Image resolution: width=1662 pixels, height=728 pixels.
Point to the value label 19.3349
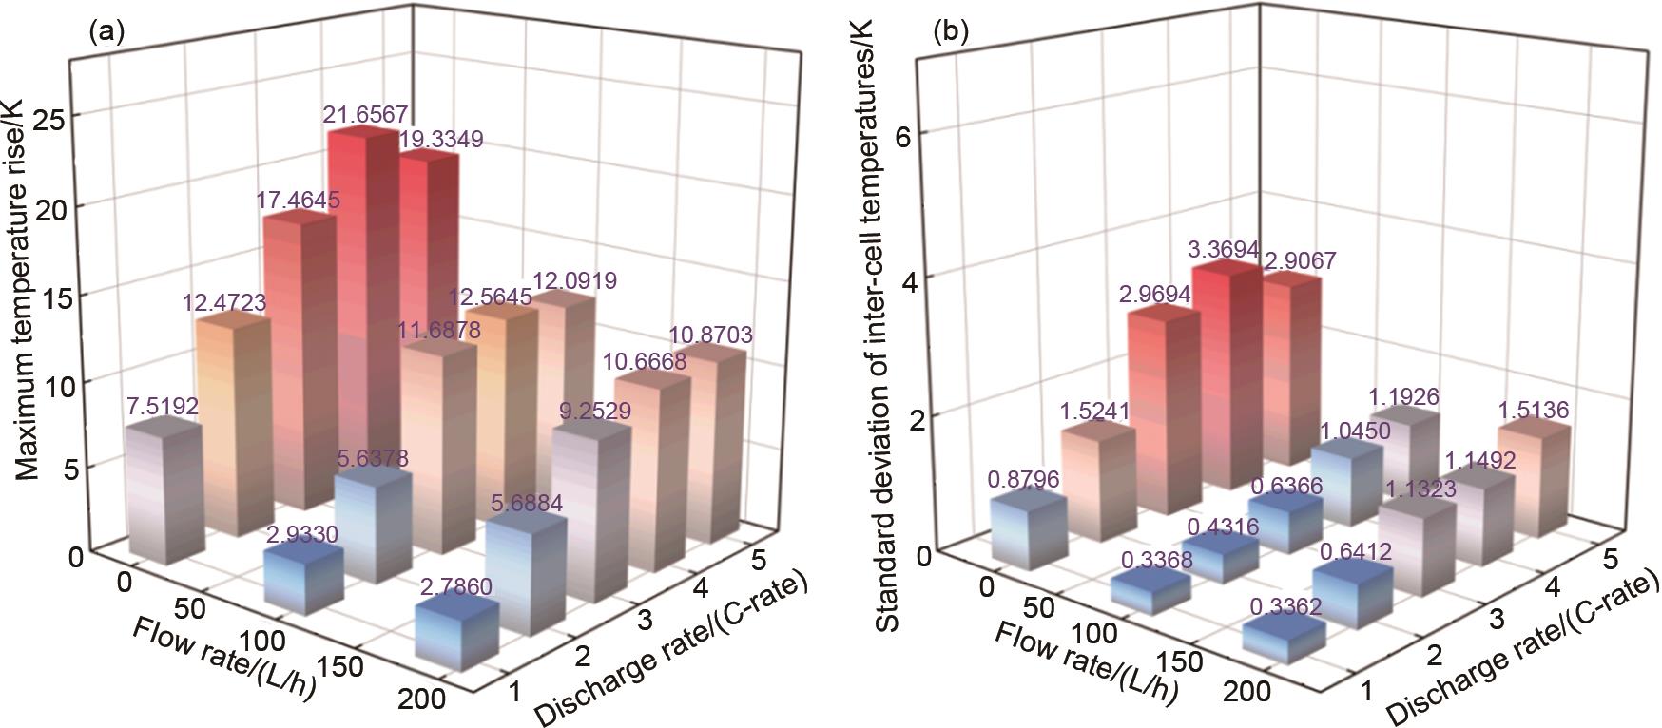point(440,140)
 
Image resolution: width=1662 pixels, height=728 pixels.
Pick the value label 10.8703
point(710,335)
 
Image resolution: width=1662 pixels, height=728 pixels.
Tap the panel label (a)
point(106,32)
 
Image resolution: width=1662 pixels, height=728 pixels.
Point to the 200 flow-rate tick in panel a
point(418,699)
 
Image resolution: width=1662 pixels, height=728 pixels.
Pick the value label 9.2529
point(594,411)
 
